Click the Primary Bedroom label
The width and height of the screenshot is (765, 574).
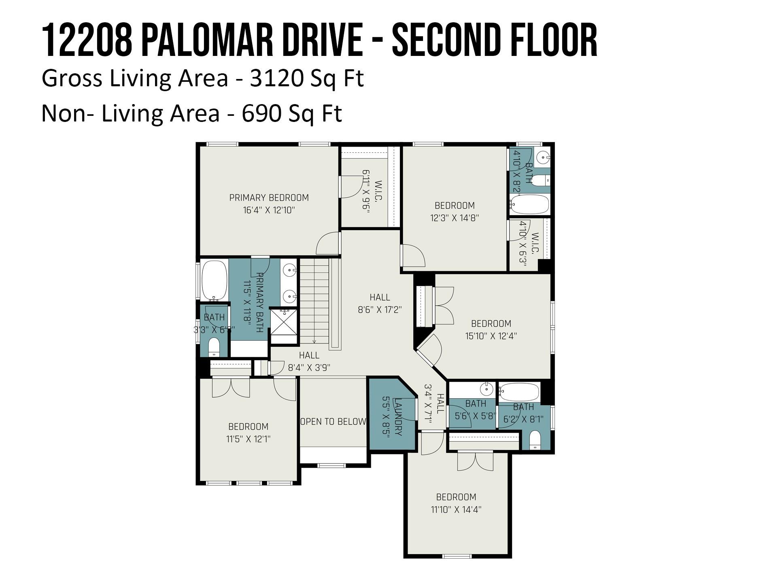click(x=269, y=198)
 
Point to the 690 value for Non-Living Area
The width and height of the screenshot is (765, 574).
click(x=261, y=113)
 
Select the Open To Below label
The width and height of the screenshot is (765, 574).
click(x=334, y=422)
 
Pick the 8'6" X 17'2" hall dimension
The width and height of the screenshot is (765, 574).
click(x=380, y=310)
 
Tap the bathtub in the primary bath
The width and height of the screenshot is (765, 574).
click(x=215, y=280)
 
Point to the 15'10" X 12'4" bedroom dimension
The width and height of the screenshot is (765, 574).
click(x=491, y=336)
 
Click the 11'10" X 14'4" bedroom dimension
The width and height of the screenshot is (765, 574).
click(x=456, y=510)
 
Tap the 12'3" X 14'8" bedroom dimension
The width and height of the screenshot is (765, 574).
click(x=455, y=218)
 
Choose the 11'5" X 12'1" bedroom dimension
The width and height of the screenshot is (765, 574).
click(x=248, y=439)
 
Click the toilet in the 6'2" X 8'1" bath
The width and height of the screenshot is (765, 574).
click(x=535, y=440)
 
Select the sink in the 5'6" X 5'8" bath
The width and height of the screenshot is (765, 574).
click(x=486, y=389)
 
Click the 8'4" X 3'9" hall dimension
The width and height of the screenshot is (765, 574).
click(x=309, y=368)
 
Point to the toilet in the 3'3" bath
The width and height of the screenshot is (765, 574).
click(x=214, y=347)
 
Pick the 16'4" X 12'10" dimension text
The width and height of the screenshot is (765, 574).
click(x=269, y=210)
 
